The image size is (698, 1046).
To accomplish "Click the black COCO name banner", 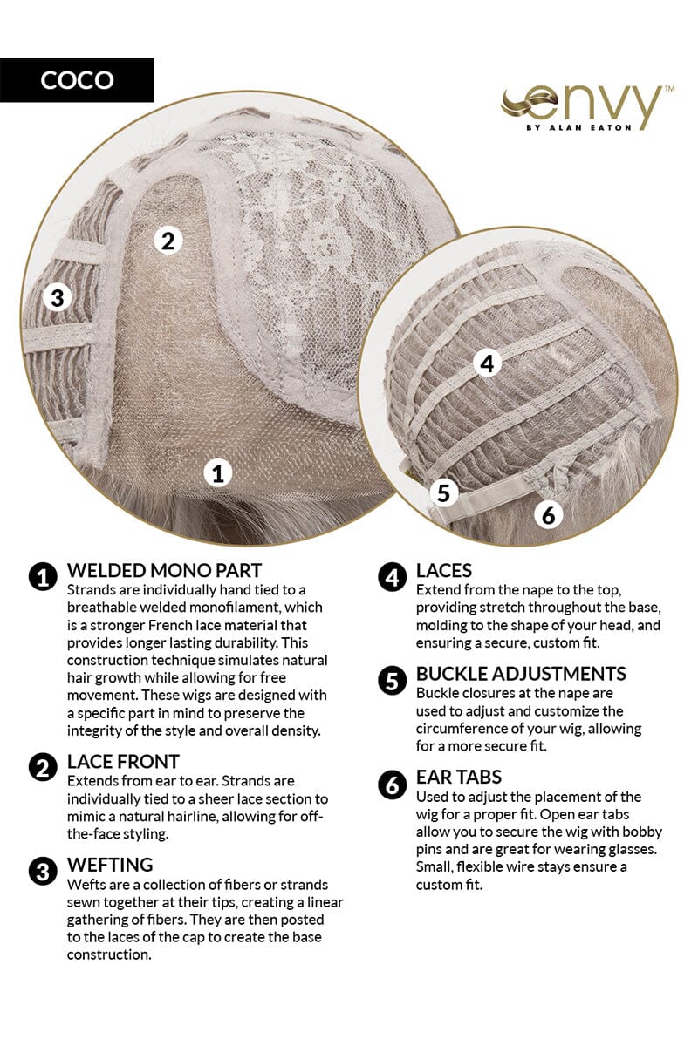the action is [77, 80].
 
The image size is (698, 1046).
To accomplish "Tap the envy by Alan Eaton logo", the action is [586, 108].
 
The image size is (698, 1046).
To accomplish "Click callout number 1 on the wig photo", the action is [218, 473].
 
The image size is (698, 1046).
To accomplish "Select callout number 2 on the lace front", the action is [168, 241].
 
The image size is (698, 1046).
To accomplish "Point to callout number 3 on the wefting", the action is [57, 297].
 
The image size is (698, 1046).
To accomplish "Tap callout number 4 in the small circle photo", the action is [487, 363].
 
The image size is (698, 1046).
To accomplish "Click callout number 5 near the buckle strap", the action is [443, 492].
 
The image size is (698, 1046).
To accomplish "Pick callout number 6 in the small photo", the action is [549, 514].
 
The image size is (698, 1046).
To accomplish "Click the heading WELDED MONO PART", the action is [164, 570].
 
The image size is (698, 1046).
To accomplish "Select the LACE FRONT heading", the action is [123, 762].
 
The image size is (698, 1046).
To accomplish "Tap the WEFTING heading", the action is [110, 865].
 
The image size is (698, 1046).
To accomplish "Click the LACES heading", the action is [444, 570].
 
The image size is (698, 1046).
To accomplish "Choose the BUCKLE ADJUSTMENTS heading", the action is [521, 673].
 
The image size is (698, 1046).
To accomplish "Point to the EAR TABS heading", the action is [459, 777].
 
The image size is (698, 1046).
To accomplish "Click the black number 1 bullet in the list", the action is [43, 577].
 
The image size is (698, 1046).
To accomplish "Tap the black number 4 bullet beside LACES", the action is [392, 577].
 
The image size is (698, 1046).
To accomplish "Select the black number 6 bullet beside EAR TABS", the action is [392, 784].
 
